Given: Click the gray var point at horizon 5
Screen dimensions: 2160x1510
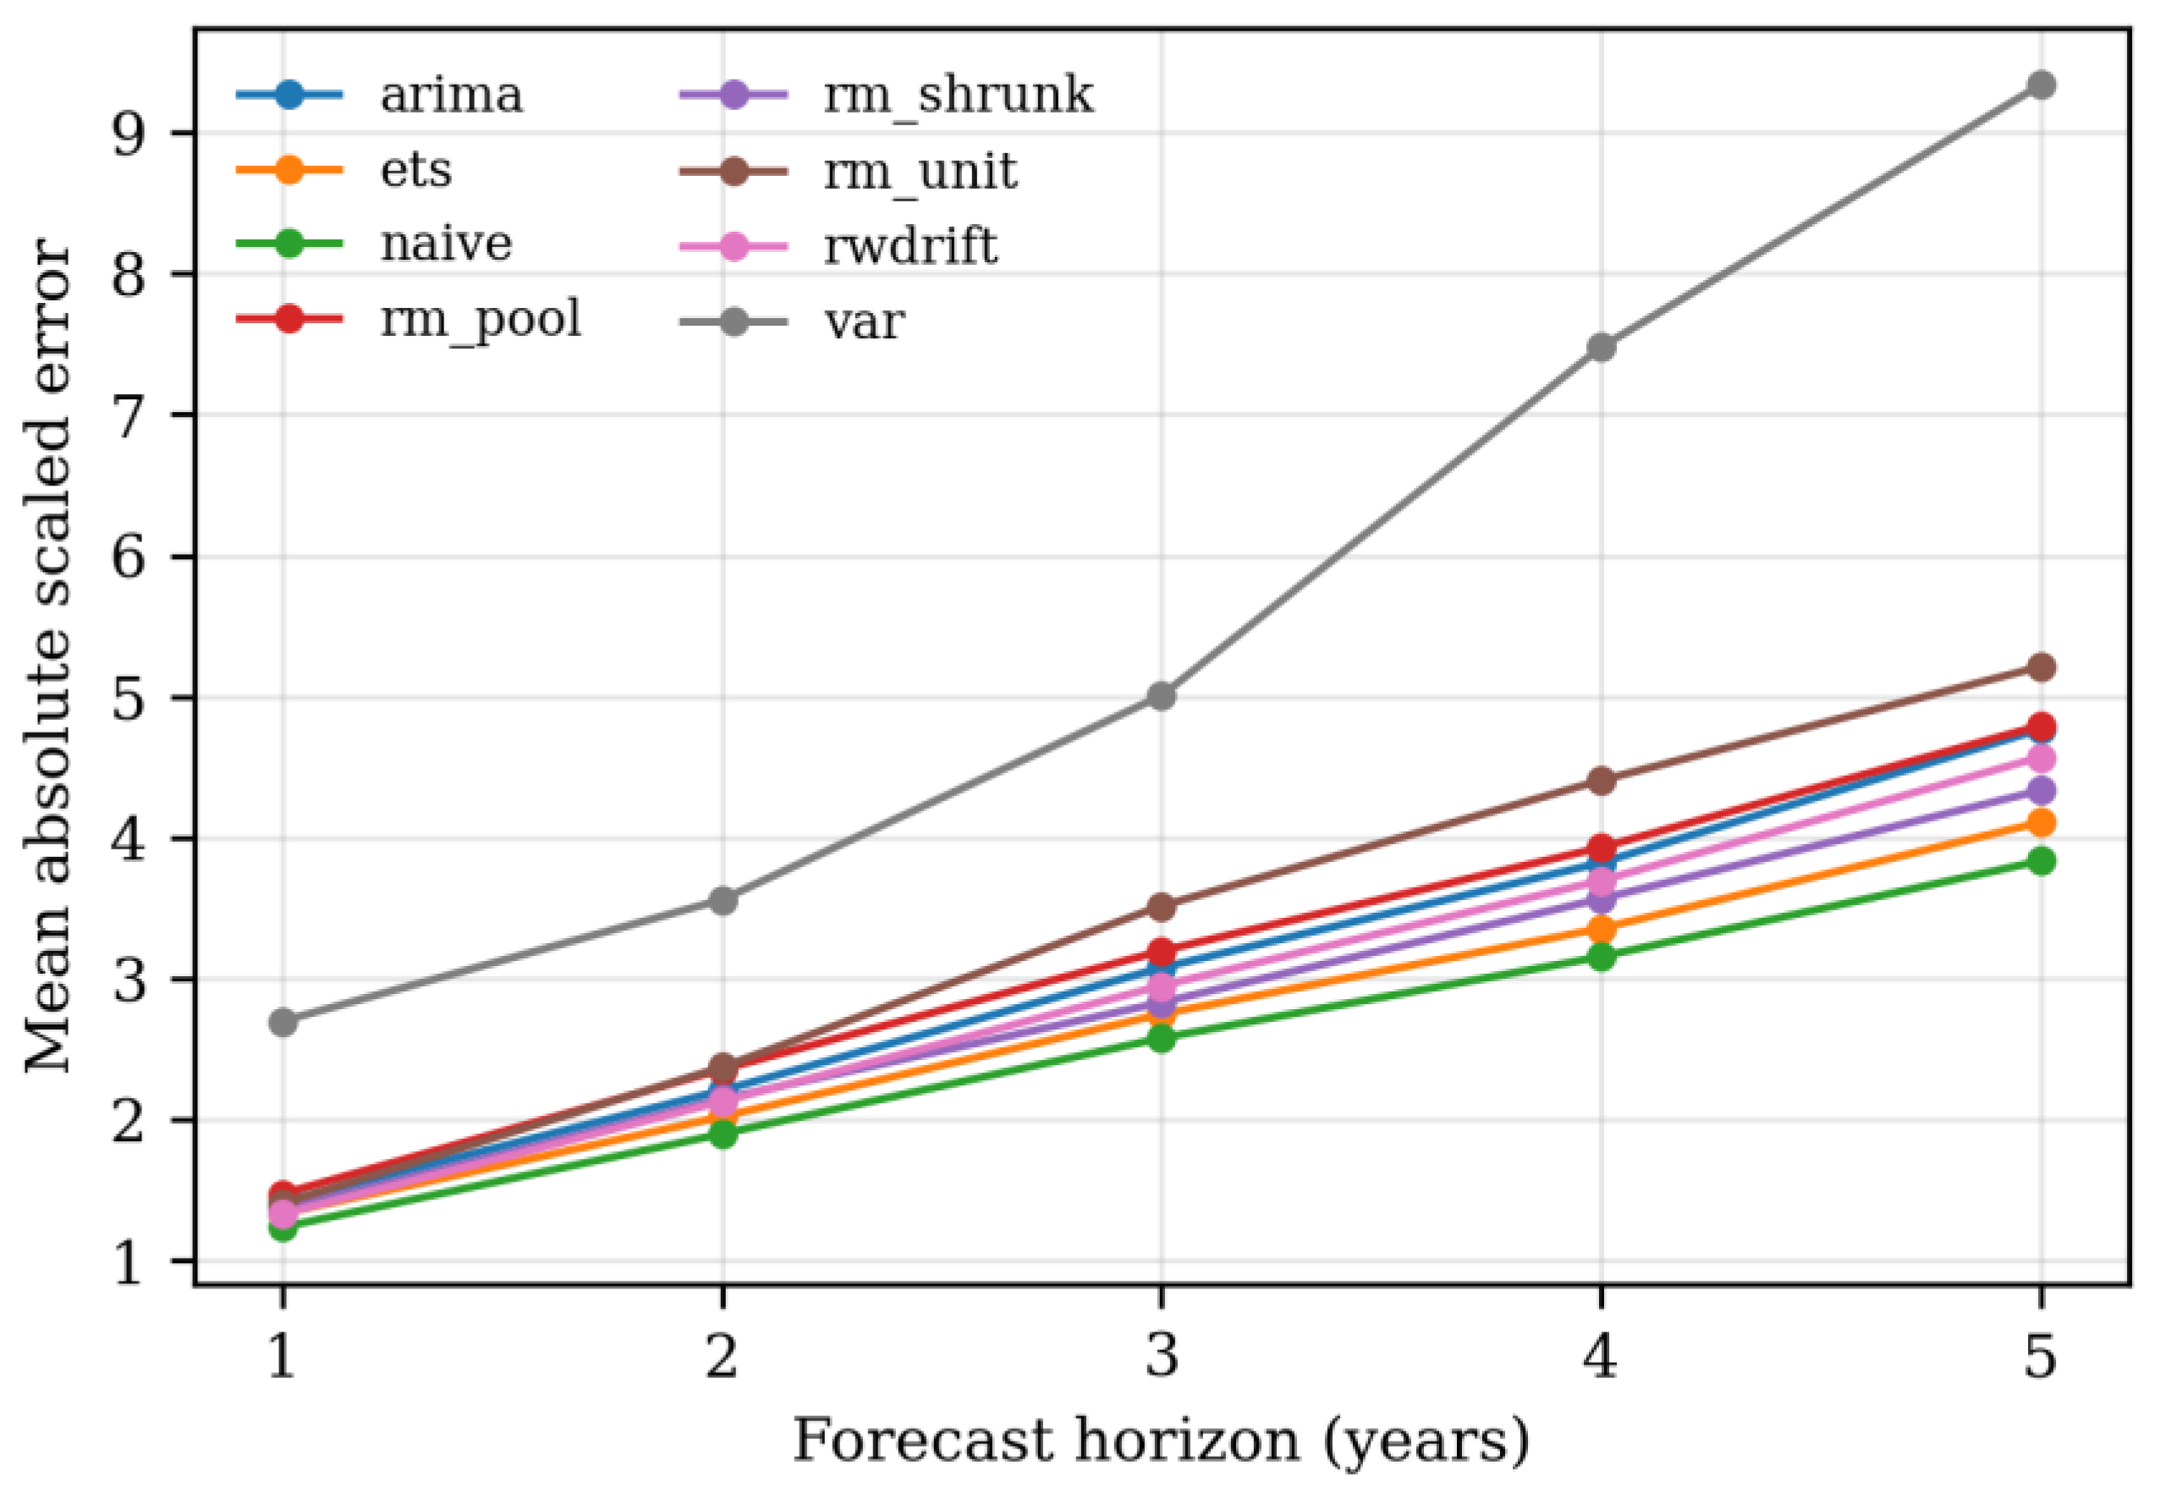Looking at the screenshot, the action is [2040, 85].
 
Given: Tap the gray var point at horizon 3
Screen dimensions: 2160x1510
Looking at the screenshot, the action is [1161, 696].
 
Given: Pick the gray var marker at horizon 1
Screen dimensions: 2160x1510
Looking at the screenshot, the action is [283, 1022].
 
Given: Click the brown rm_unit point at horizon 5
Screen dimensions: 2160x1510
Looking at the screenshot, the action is [2040, 667].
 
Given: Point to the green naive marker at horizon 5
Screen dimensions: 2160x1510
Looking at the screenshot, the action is [2040, 861].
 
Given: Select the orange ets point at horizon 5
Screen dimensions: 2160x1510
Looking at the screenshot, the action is [2040, 823].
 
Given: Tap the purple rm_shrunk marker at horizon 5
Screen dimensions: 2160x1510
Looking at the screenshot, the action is [2040, 790].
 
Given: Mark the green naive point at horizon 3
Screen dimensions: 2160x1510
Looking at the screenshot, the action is [1161, 1038].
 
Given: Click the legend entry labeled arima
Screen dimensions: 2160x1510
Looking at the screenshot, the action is [451, 95].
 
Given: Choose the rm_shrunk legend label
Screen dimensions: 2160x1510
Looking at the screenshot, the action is [958, 96].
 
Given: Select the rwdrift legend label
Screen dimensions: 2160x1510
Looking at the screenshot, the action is [910, 246].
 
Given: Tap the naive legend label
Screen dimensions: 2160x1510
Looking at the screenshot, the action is [446, 244].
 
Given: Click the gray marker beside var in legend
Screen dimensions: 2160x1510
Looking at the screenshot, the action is [733, 321].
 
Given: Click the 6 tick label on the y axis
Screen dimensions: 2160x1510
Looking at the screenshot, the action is [128, 557].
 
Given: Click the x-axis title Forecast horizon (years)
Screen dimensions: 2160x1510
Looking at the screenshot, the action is [1161, 1441].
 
